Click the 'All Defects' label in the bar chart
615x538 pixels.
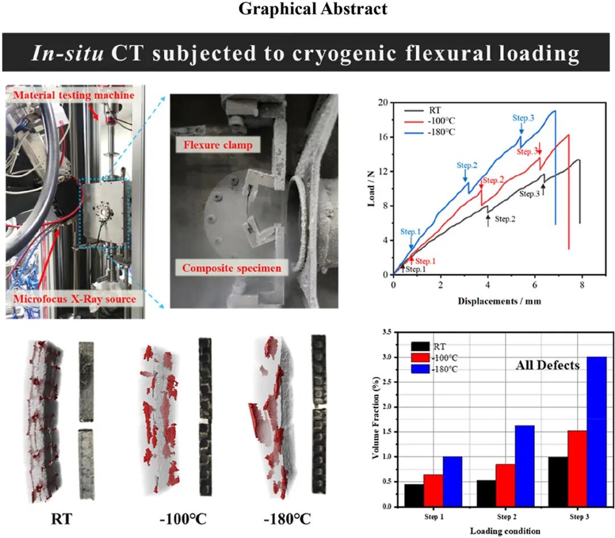547,365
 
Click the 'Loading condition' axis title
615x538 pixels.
505,531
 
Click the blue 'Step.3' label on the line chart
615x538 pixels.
523,118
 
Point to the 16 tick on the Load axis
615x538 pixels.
385,137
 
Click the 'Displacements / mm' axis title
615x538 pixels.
499,300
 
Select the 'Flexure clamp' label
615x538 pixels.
218,145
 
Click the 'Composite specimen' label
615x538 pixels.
235,267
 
